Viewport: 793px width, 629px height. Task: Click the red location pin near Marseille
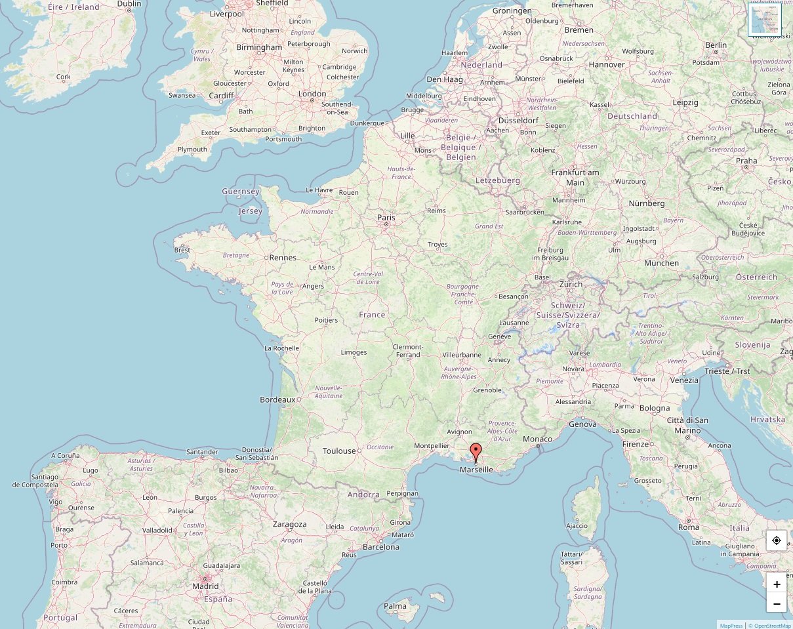tap(476, 452)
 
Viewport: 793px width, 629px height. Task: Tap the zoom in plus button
tap(777, 584)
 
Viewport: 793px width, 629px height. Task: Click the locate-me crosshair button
tap(777, 540)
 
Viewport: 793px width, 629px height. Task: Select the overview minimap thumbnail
tap(765, 20)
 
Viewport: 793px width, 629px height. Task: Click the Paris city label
tap(386, 217)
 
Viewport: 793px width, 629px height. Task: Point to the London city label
tap(312, 94)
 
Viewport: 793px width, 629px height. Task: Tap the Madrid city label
tap(205, 586)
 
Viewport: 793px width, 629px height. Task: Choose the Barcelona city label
tap(381, 546)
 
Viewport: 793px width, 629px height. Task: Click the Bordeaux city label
tap(277, 399)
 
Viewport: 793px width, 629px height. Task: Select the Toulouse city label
tap(339, 451)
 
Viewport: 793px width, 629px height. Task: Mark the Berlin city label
tap(716, 45)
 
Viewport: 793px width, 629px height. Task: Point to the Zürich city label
tap(571, 284)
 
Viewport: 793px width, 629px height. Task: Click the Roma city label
tap(689, 527)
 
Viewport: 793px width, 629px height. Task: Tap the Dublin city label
tap(129, 4)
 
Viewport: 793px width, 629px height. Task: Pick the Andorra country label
tap(363, 495)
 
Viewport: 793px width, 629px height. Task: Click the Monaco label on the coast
tap(537, 439)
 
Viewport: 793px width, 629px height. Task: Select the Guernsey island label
tap(241, 192)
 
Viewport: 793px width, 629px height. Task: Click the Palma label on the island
tap(396, 606)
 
